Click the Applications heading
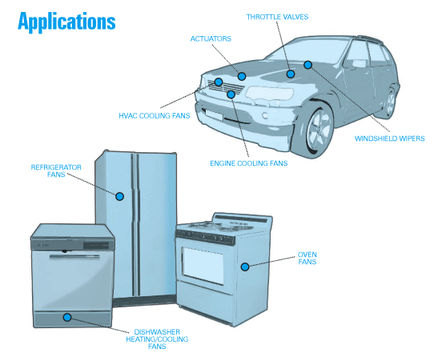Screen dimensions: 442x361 pyautogui.click(x=66, y=22)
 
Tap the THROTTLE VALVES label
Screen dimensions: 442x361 pyautogui.click(x=277, y=17)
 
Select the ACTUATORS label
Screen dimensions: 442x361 pyautogui.click(x=211, y=38)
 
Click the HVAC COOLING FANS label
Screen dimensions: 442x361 pyautogui.click(x=155, y=116)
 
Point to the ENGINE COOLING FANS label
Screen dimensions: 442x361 pyautogui.click(x=249, y=163)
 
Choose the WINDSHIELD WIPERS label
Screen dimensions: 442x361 pyautogui.click(x=390, y=138)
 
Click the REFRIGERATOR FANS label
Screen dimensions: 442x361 pyautogui.click(x=56, y=171)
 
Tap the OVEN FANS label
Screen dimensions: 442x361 pyautogui.click(x=307, y=258)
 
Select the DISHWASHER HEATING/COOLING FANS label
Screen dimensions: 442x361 pyautogui.click(x=157, y=339)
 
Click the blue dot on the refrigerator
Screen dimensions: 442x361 pyautogui.click(x=120, y=196)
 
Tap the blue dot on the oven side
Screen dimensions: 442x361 pyautogui.click(x=245, y=267)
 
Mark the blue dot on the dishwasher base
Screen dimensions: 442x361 pyautogui.click(x=67, y=318)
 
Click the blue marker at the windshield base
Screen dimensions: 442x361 pyautogui.click(x=307, y=65)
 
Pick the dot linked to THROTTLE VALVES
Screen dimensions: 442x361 pyautogui.click(x=291, y=74)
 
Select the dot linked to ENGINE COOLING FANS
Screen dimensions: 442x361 pyautogui.click(x=231, y=94)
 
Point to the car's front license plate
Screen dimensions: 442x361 pyautogui.click(x=215, y=115)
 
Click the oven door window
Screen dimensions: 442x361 pyautogui.click(x=203, y=266)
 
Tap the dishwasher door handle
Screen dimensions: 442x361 pyautogui.click(x=74, y=257)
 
